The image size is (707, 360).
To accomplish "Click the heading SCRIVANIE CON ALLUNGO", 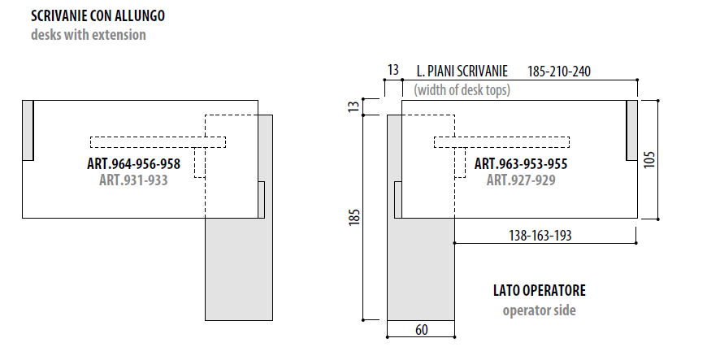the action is pos(98,15).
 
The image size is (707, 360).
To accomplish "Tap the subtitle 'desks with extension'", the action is pos(89,35).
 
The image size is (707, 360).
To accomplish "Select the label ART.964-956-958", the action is pos(134,163).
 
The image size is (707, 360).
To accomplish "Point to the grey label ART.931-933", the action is pos(133,180).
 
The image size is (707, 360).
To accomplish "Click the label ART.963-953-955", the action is pos(521,163).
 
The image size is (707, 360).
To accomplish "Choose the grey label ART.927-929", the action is pos(521,180).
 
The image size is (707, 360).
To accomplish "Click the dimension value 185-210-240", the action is pos(559,72).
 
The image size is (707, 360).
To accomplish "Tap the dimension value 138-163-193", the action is pos(540,236).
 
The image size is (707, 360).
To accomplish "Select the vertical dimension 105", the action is pos(648,159).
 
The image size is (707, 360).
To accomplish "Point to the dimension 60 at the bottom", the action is pos(421,330).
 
